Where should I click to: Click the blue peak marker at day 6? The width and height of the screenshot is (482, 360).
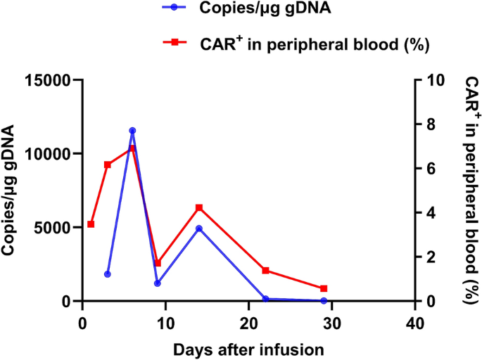pyautogui.click(x=132, y=131)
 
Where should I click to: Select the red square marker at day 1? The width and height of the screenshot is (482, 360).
pyautogui.click(x=91, y=224)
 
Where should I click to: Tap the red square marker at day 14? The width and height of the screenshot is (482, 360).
pyautogui.click(x=199, y=208)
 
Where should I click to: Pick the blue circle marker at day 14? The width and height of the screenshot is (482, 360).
pyautogui.click(x=199, y=229)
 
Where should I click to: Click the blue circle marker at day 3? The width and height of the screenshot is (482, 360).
pyautogui.click(x=108, y=274)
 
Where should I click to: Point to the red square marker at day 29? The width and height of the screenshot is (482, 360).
pyautogui.click(x=324, y=288)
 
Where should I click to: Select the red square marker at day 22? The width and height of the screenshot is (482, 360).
pyautogui.click(x=265, y=271)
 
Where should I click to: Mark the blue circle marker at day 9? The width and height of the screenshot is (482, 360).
pyautogui.click(x=158, y=283)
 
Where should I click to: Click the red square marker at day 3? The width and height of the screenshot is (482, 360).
pyautogui.click(x=108, y=165)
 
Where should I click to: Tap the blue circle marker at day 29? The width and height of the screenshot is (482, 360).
pyautogui.click(x=324, y=300)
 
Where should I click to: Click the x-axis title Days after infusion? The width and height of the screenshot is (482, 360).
pyautogui.click(x=248, y=348)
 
